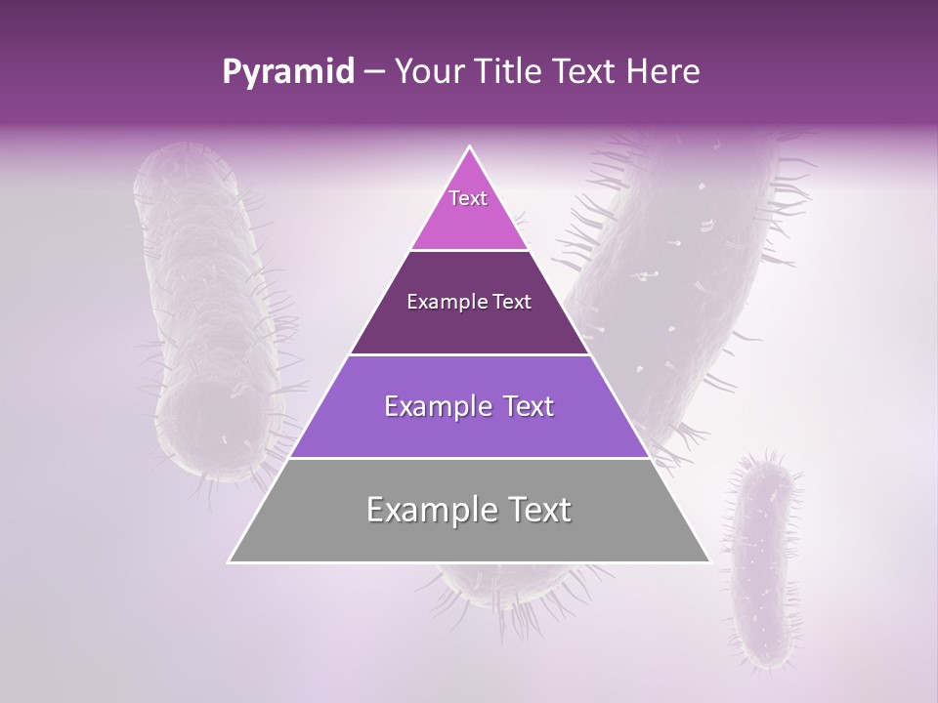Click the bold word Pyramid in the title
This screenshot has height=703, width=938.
pos(288,71)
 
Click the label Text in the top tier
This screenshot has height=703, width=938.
pos(468,198)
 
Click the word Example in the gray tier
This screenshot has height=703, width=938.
pos(427,510)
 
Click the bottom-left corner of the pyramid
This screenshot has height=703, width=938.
pos(230,561)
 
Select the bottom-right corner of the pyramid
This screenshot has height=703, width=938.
pos(709,561)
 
